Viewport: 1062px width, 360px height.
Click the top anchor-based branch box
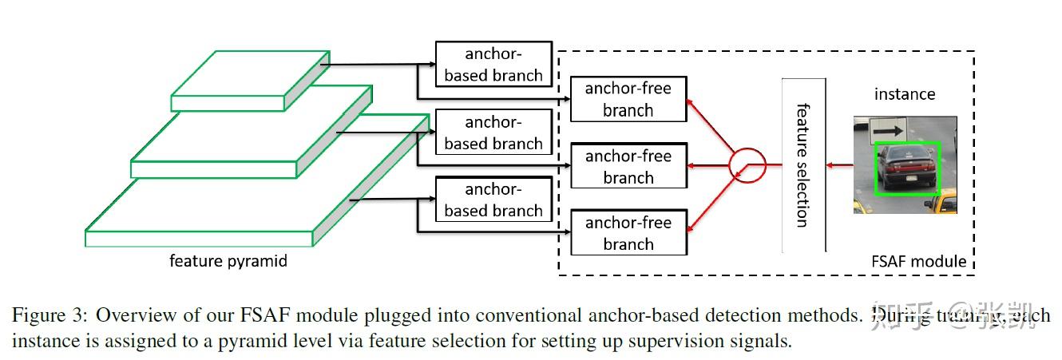pyautogui.click(x=493, y=64)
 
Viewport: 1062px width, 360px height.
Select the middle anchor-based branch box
pyautogui.click(x=493, y=133)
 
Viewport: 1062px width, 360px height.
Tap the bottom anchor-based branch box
pyautogui.click(x=493, y=200)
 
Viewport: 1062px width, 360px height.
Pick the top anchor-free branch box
pyautogui.click(x=628, y=99)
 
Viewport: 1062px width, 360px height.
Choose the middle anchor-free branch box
pyautogui.click(x=628, y=166)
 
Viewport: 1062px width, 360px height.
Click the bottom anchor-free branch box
pyautogui.click(x=628, y=232)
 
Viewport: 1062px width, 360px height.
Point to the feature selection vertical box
pyautogui.click(x=803, y=164)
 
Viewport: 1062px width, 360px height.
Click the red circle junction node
pyautogui.click(x=747, y=165)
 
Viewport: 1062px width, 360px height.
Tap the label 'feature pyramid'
pyautogui.click(x=228, y=261)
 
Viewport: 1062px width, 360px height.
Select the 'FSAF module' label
pyautogui.click(x=919, y=261)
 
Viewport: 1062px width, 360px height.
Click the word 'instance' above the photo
pyautogui.click(x=905, y=94)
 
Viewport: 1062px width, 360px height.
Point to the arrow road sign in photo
pyautogui.click(x=887, y=126)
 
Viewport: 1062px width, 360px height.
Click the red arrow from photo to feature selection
pyautogui.click(x=839, y=165)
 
